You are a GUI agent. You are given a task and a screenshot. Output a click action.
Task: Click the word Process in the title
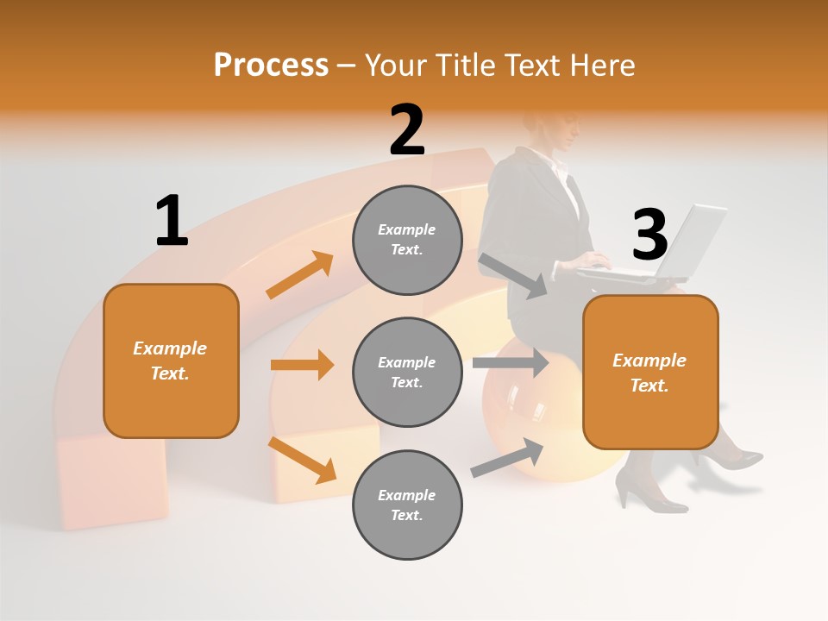pyautogui.click(x=271, y=65)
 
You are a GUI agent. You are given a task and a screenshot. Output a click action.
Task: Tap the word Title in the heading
pyautogui.click(x=469, y=65)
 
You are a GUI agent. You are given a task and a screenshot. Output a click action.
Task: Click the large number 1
pyautogui.click(x=172, y=221)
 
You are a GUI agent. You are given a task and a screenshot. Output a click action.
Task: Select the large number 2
pyautogui.click(x=407, y=129)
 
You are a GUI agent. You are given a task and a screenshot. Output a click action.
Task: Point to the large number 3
pyautogui.click(x=649, y=234)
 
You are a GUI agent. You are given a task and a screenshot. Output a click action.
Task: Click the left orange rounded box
pyautogui.click(x=171, y=361)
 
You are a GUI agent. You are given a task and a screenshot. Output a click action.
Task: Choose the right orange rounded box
pyautogui.click(x=650, y=373)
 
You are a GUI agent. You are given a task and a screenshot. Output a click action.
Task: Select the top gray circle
pyautogui.click(x=407, y=240)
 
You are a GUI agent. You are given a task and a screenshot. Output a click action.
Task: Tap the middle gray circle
pyautogui.click(x=407, y=373)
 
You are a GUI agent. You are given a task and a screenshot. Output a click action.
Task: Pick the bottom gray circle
pyautogui.click(x=407, y=505)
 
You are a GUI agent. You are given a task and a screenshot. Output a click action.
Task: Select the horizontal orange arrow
pyautogui.click(x=302, y=365)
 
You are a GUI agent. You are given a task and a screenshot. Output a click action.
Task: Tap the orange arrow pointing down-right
pyautogui.click(x=302, y=460)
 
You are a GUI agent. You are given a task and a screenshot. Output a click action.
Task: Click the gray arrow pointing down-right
pyautogui.click(x=513, y=275)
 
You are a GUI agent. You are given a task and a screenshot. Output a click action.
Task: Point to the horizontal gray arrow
pyautogui.click(x=510, y=362)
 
